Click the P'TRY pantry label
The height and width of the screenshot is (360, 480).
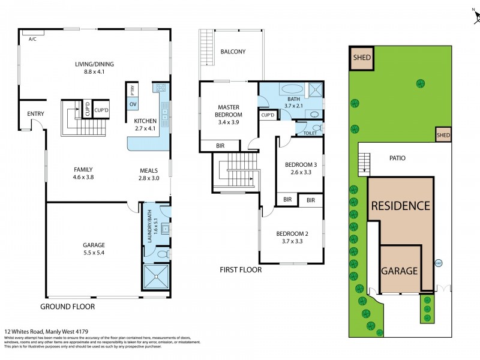point(133,91)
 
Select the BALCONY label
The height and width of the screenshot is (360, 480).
point(233,52)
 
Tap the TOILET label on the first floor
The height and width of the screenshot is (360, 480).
point(310,133)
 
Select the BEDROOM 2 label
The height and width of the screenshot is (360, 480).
point(292,238)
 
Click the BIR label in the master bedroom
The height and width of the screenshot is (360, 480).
point(220,145)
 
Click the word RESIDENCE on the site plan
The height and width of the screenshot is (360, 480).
point(400,206)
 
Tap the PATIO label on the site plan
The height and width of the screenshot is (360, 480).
point(397,158)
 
